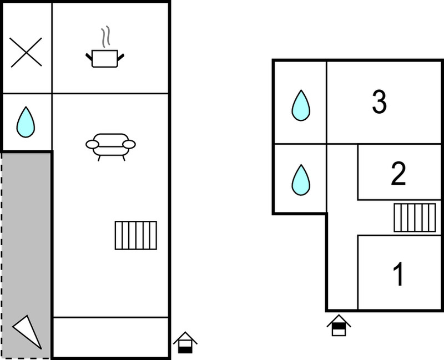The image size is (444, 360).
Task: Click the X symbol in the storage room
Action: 26,52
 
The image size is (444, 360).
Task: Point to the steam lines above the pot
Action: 105,37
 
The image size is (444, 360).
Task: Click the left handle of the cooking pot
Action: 89,57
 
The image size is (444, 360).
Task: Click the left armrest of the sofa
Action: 92,144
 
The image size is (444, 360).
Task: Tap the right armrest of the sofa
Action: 129,144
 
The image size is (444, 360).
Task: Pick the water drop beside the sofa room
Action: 26,122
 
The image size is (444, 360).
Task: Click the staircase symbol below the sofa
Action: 136,236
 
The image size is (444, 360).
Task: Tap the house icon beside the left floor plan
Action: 185,342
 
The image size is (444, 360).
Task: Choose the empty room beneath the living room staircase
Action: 110,337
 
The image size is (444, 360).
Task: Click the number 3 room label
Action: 379,102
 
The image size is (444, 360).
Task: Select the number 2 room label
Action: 398,174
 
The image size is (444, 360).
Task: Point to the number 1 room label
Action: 398,273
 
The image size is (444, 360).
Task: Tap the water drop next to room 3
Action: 301,105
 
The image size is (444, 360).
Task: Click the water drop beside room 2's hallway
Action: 301,180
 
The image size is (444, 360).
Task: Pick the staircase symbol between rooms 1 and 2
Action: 415,217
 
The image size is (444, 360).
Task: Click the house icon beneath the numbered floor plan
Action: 339,325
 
